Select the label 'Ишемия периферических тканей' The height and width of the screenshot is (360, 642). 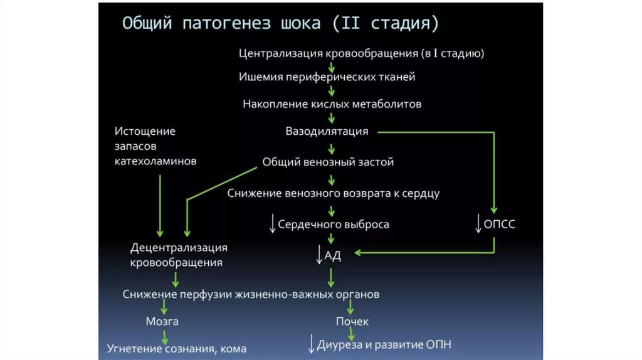click(327, 77)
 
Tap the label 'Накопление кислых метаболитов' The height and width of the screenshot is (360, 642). click(332, 104)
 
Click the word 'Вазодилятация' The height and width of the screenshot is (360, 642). click(327, 132)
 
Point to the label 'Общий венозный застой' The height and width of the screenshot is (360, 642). click(328, 162)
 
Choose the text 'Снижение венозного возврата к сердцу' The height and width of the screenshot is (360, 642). click(334, 193)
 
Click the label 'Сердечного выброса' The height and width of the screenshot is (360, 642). click(334, 224)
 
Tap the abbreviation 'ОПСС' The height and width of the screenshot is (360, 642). click(500, 224)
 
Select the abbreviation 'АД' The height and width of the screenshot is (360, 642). click(332, 255)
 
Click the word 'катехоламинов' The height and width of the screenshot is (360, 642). click(155, 161)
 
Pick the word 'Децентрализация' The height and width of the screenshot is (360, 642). click(179, 248)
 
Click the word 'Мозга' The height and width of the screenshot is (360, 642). click(162, 321)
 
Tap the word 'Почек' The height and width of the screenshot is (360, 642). click(352, 321)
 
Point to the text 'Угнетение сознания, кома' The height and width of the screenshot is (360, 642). click(176, 348)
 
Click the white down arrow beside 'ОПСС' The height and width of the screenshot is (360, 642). click(479, 223)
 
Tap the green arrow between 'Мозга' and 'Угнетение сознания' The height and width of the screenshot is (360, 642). click(165, 335)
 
